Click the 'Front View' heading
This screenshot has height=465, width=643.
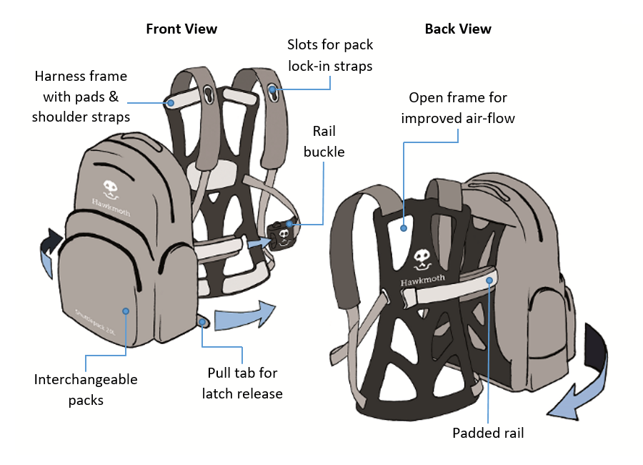[x=181, y=29]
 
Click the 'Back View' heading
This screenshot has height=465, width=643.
[x=458, y=29]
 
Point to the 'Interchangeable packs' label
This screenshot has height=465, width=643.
[x=86, y=390]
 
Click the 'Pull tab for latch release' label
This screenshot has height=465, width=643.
[x=242, y=383]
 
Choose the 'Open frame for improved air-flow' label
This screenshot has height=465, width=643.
[x=458, y=108]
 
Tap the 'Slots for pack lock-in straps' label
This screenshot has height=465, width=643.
[x=330, y=55]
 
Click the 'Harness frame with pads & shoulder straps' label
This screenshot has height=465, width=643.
[x=81, y=96]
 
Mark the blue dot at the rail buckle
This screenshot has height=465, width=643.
[x=289, y=224]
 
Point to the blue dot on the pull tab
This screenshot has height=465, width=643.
[x=203, y=323]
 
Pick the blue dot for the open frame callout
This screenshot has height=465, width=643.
[x=404, y=228]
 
